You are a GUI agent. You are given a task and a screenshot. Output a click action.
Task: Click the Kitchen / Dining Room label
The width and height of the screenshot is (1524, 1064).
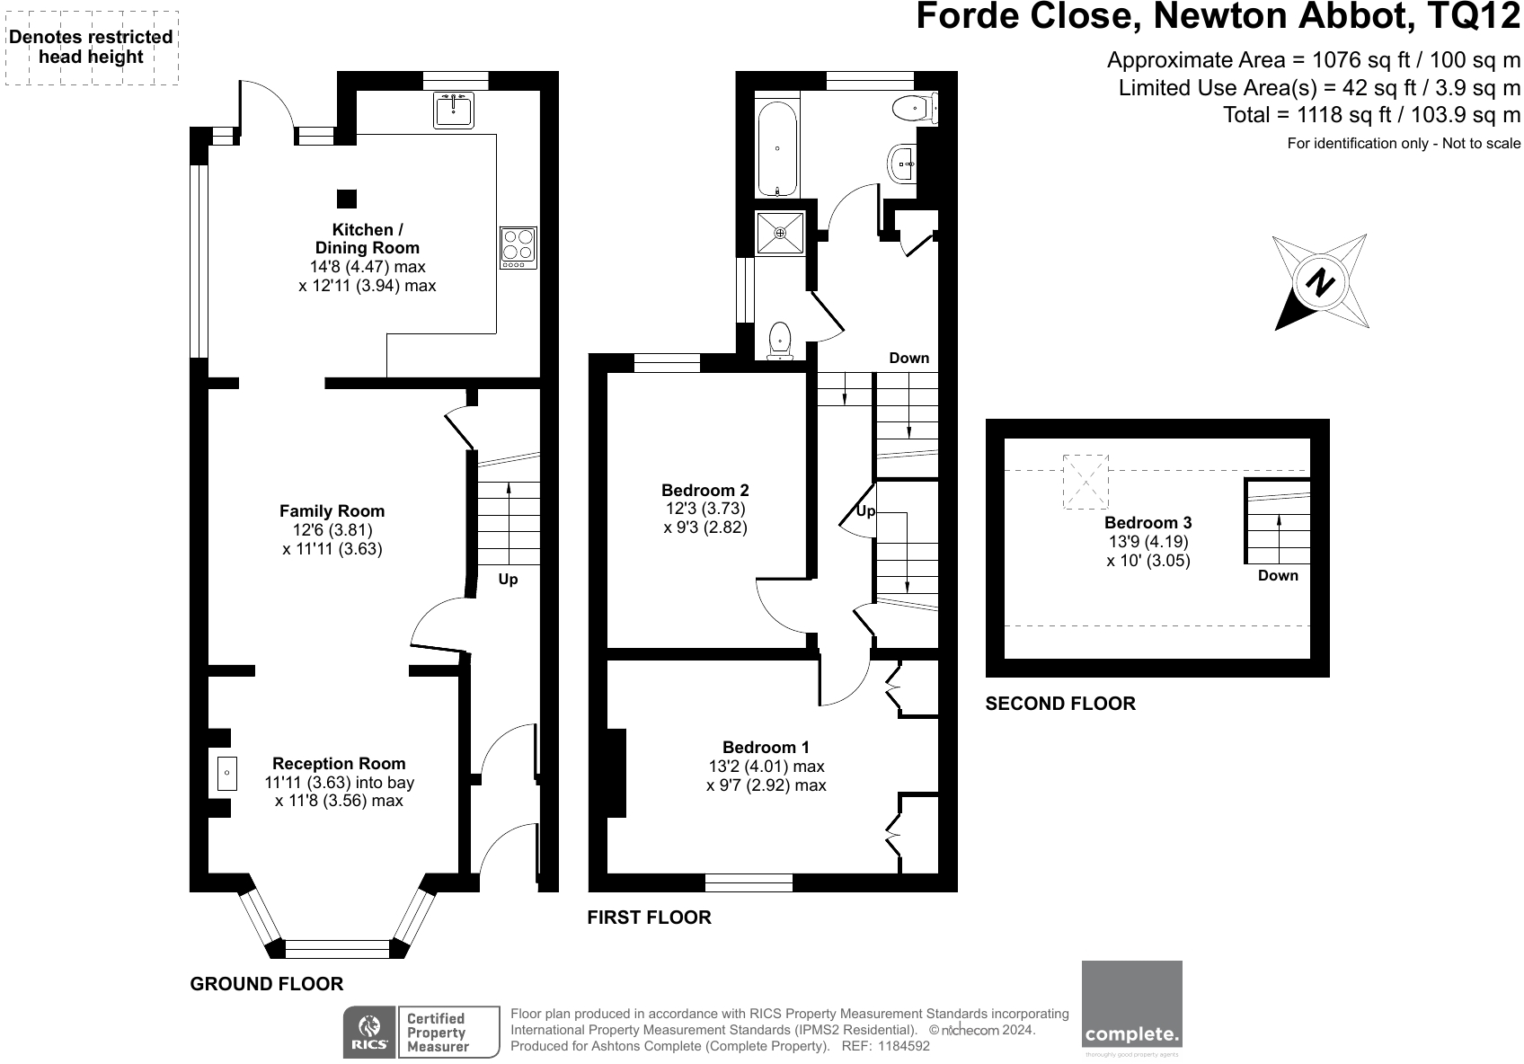tap(367, 239)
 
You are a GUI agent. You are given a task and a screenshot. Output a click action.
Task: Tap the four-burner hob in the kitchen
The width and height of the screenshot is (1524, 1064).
tap(518, 247)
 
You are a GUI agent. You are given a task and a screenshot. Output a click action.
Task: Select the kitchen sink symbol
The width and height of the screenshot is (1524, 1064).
tap(454, 110)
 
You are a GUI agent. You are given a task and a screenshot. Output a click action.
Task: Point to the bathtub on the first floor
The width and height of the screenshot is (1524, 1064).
tap(777, 149)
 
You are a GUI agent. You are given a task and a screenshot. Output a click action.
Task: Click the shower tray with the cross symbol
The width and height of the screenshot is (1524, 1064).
tap(780, 233)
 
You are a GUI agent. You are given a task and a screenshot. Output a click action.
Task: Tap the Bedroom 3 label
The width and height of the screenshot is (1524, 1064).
tap(1147, 523)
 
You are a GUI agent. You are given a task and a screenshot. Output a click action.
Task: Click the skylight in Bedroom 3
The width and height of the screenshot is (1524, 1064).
tap(1085, 482)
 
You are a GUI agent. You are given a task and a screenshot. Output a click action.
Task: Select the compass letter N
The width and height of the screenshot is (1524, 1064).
tap(1320, 284)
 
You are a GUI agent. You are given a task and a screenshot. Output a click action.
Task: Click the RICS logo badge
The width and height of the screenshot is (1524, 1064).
tap(368, 1033)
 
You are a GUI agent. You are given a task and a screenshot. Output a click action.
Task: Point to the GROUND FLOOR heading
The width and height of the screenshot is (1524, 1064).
tap(267, 984)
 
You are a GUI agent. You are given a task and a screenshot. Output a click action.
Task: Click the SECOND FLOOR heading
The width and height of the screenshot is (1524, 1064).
tap(1060, 704)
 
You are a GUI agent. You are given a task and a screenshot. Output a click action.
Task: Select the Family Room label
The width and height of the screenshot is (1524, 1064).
tap(332, 511)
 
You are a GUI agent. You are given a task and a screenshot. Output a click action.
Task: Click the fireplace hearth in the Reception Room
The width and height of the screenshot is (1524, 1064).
tap(226, 774)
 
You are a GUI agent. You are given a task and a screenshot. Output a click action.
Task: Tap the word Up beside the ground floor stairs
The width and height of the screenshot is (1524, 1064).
tap(509, 580)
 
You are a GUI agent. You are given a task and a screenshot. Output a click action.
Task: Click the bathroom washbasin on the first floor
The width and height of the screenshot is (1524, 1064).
tap(901, 164)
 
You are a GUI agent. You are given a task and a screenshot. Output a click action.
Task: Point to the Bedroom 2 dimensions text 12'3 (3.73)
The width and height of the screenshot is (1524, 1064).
tap(705, 509)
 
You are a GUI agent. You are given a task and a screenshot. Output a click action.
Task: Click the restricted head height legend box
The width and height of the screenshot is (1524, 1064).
tap(91, 48)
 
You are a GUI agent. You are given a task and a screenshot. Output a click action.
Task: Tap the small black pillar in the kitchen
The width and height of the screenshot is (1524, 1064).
tap(346, 199)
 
